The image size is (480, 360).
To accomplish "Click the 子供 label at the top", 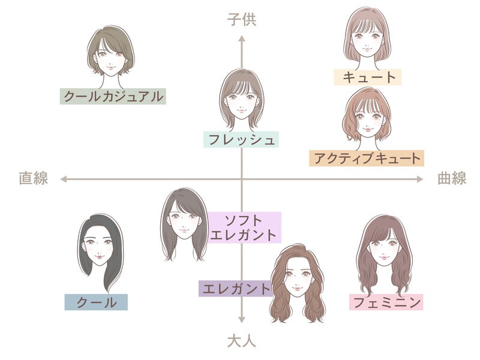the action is point(242,20).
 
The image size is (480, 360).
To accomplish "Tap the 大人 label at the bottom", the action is point(242,341).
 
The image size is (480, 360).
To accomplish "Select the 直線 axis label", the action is point(34,178).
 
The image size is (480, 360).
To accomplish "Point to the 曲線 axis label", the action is point(452,178).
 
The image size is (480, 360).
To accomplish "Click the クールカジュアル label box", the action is point(113,97).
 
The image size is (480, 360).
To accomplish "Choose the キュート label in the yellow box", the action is point(367,77).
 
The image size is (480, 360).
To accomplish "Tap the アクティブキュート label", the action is point(367,158).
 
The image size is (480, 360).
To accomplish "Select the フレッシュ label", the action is point(241,140).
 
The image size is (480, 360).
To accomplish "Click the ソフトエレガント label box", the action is point(244,227).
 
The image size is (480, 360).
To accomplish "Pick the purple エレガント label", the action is point(236,289).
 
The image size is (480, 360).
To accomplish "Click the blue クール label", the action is point(96,302).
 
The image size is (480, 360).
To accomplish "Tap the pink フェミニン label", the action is point(386,302).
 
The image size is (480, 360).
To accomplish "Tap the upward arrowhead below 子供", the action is point(242,38).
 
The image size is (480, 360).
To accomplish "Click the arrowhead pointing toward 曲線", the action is point(420,179).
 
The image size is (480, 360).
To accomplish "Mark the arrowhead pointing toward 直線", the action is point(64,179).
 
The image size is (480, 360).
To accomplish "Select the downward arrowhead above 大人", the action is point(242,320).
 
